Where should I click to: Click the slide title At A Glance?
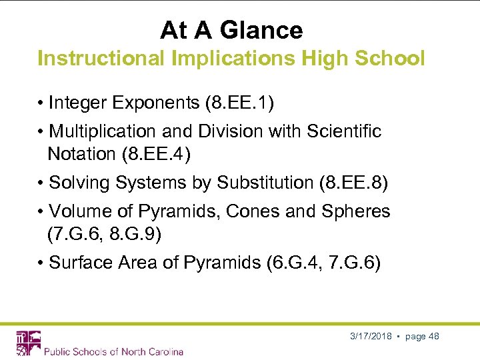(x=231, y=30)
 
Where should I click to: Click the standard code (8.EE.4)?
(x=156, y=154)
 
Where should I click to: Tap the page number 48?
(x=433, y=336)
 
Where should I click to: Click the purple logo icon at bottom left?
(x=28, y=342)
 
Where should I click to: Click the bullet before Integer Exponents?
(x=41, y=103)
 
